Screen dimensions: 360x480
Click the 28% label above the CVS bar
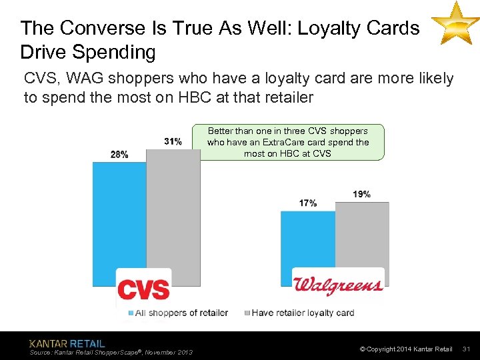(x=119, y=154)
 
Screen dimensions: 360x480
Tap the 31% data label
(x=172, y=141)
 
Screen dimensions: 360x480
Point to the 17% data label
(x=308, y=203)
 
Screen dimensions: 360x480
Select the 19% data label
(x=361, y=194)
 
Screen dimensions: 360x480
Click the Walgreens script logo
(x=339, y=285)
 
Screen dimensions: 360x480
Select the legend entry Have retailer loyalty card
(x=301, y=313)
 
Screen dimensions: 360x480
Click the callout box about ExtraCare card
(x=287, y=142)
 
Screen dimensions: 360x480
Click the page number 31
(x=466, y=349)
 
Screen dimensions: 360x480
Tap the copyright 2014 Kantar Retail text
(x=406, y=349)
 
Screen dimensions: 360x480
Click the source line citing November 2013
(x=111, y=352)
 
